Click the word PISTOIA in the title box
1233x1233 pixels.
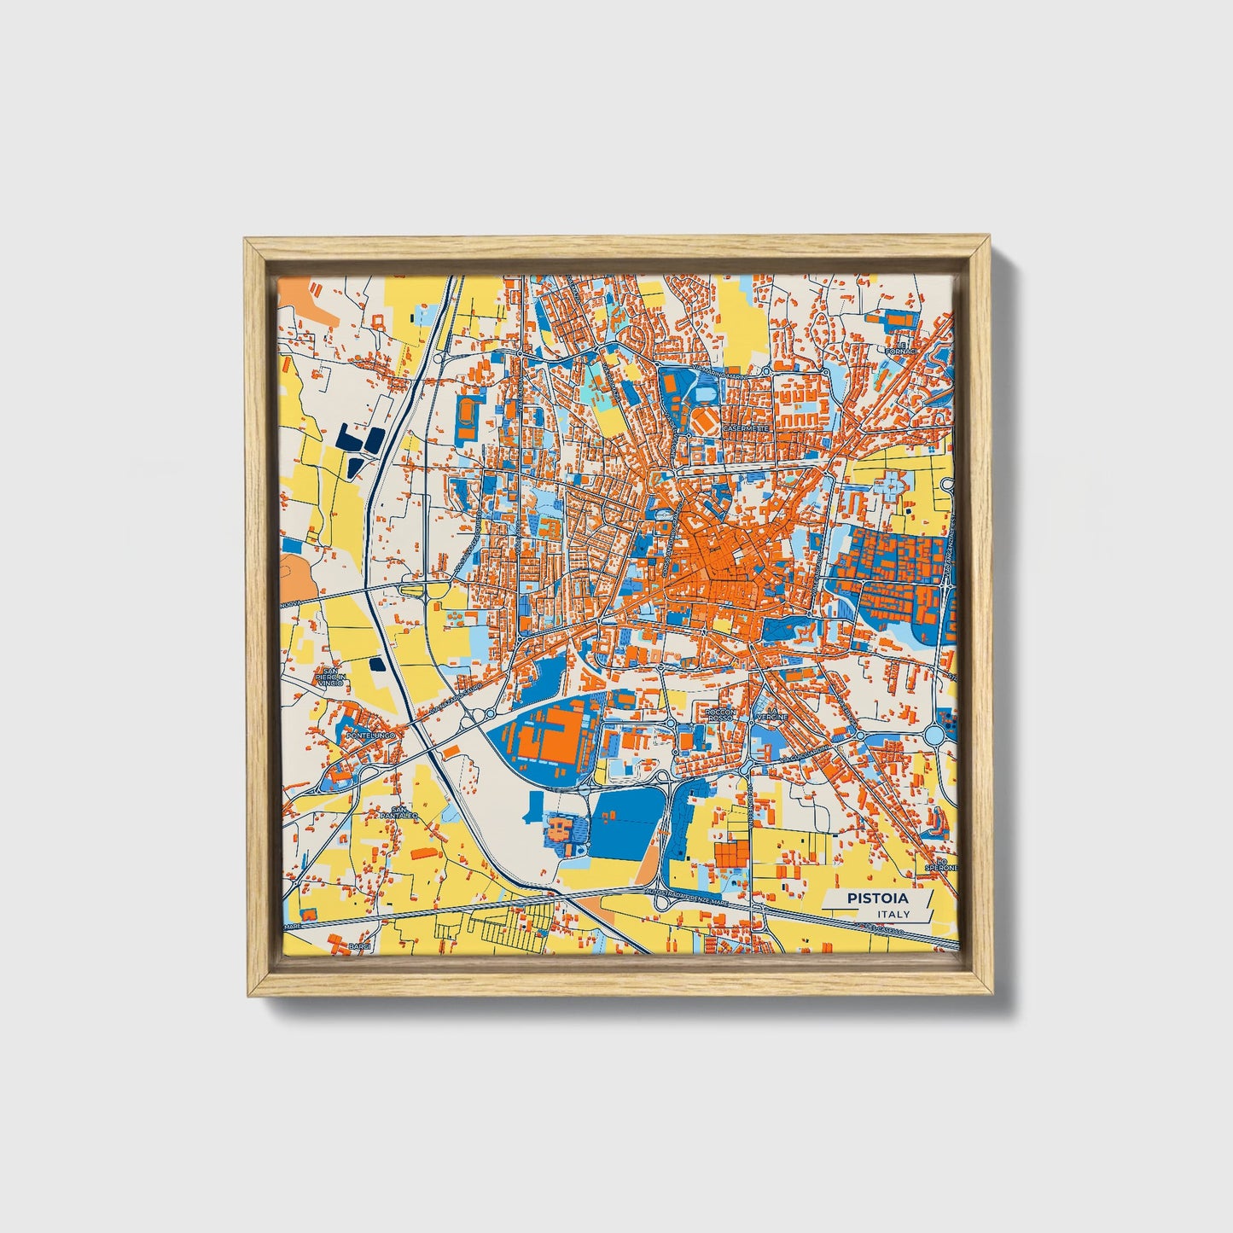pyautogui.click(x=877, y=899)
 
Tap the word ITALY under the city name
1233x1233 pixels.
pyautogui.click(x=893, y=914)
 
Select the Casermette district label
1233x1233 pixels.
pyautogui.click(x=746, y=427)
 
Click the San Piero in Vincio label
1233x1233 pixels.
pyautogui.click(x=329, y=678)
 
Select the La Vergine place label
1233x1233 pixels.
pyautogui.click(x=772, y=714)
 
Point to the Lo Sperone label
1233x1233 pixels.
pyautogui.click(x=942, y=867)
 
